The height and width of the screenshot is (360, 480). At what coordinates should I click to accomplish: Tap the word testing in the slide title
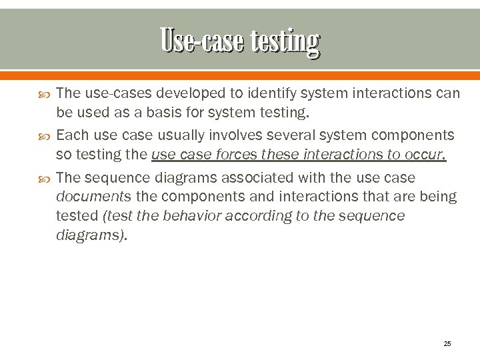(x=285, y=41)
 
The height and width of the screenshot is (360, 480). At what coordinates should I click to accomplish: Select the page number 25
(x=447, y=343)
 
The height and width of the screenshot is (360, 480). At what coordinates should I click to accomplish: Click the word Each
(x=71, y=135)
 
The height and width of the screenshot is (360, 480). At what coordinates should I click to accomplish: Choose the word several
(x=291, y=135)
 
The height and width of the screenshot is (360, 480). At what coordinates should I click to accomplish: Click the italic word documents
(x=93, y=197)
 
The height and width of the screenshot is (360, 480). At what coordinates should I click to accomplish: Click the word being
(x=438, y=197)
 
